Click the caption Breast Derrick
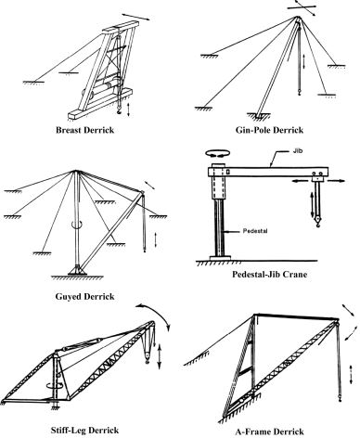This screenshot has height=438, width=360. [84, 130]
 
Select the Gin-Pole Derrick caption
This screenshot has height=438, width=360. [269, 130]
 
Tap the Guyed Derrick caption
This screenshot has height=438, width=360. [84, 297]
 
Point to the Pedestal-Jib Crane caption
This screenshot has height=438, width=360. [270, 275]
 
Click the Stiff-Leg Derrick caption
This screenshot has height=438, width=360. [84, 430]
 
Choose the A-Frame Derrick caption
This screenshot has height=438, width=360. [269, 432]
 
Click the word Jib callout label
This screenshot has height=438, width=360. [297, 151]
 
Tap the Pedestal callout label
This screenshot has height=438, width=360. [255, 231]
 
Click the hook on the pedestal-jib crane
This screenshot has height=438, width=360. [317, 222]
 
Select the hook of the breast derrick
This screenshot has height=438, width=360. [119, 111]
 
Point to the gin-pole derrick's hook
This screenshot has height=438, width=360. [299, 92]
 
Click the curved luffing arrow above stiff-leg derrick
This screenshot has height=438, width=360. [156, 312]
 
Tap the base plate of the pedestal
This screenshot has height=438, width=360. [220, 258]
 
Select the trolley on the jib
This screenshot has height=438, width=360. [318, 176]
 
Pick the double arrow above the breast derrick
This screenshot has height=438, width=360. [136, 17]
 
